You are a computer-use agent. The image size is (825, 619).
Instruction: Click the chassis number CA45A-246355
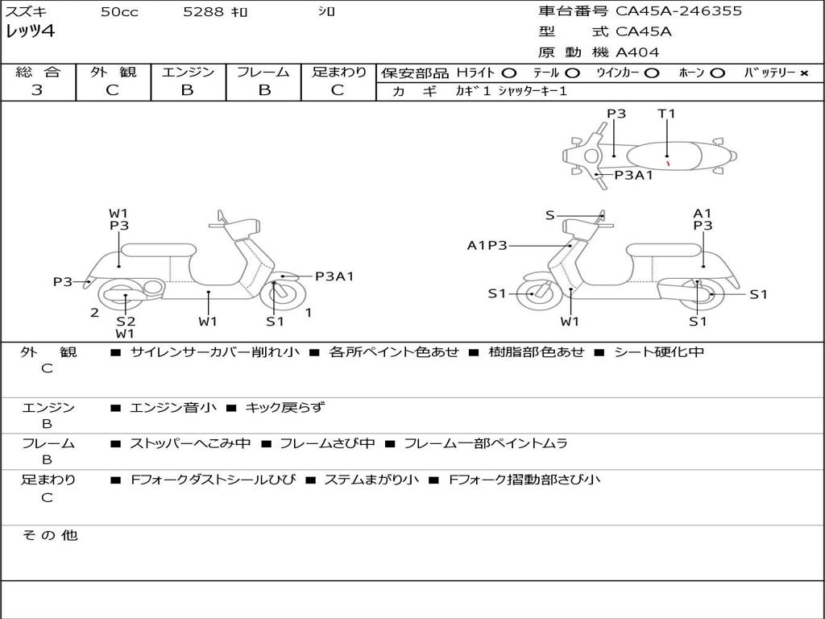coord(678,11)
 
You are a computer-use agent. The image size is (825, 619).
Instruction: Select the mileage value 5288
coord(199,12)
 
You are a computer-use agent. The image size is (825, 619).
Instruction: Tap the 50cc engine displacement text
coord(118,12)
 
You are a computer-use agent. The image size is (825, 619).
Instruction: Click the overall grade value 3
coord(37,90)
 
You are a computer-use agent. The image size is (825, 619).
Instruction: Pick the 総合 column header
coord(37,72)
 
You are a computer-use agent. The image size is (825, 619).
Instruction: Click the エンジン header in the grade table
coord(188,72)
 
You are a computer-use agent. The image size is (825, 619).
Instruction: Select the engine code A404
coord(637,52)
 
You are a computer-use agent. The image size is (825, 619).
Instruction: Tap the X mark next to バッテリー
coord(804,73)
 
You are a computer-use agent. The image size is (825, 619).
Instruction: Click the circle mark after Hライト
coord(509,73)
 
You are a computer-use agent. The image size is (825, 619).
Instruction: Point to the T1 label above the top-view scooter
coord(666,114)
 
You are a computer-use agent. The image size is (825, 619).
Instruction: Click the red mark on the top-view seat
coord(668,163)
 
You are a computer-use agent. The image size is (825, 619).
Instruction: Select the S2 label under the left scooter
coord(126,322)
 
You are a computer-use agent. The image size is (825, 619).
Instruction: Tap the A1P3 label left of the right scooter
coord(487,246)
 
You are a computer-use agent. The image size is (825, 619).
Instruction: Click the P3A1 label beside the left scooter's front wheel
coord(334,276)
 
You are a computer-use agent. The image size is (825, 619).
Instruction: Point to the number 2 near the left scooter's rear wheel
coord(94,313)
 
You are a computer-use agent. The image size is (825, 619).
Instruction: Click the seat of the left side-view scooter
coord(158,250)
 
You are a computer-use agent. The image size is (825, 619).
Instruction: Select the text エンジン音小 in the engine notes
coord(173,408)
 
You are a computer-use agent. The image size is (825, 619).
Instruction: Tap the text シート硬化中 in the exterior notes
coord(659,352)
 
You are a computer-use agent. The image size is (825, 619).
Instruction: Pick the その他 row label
coord(50,535)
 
